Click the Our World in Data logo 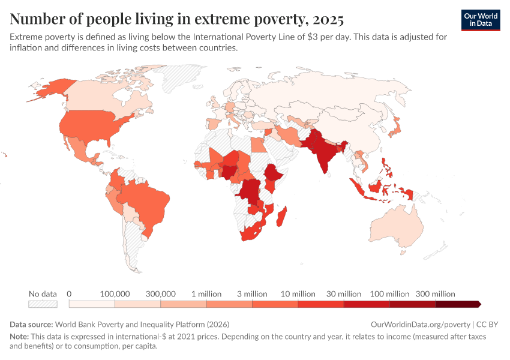pyautogui.click(x=480, y=20)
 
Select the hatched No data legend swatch pyautogui.click(x=43, y=304)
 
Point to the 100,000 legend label pyautogui.click(x=115, y=294)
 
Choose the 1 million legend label pyautogui.click(x=206, y=294)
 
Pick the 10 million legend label pyautogui.click(x=298, y=294)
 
